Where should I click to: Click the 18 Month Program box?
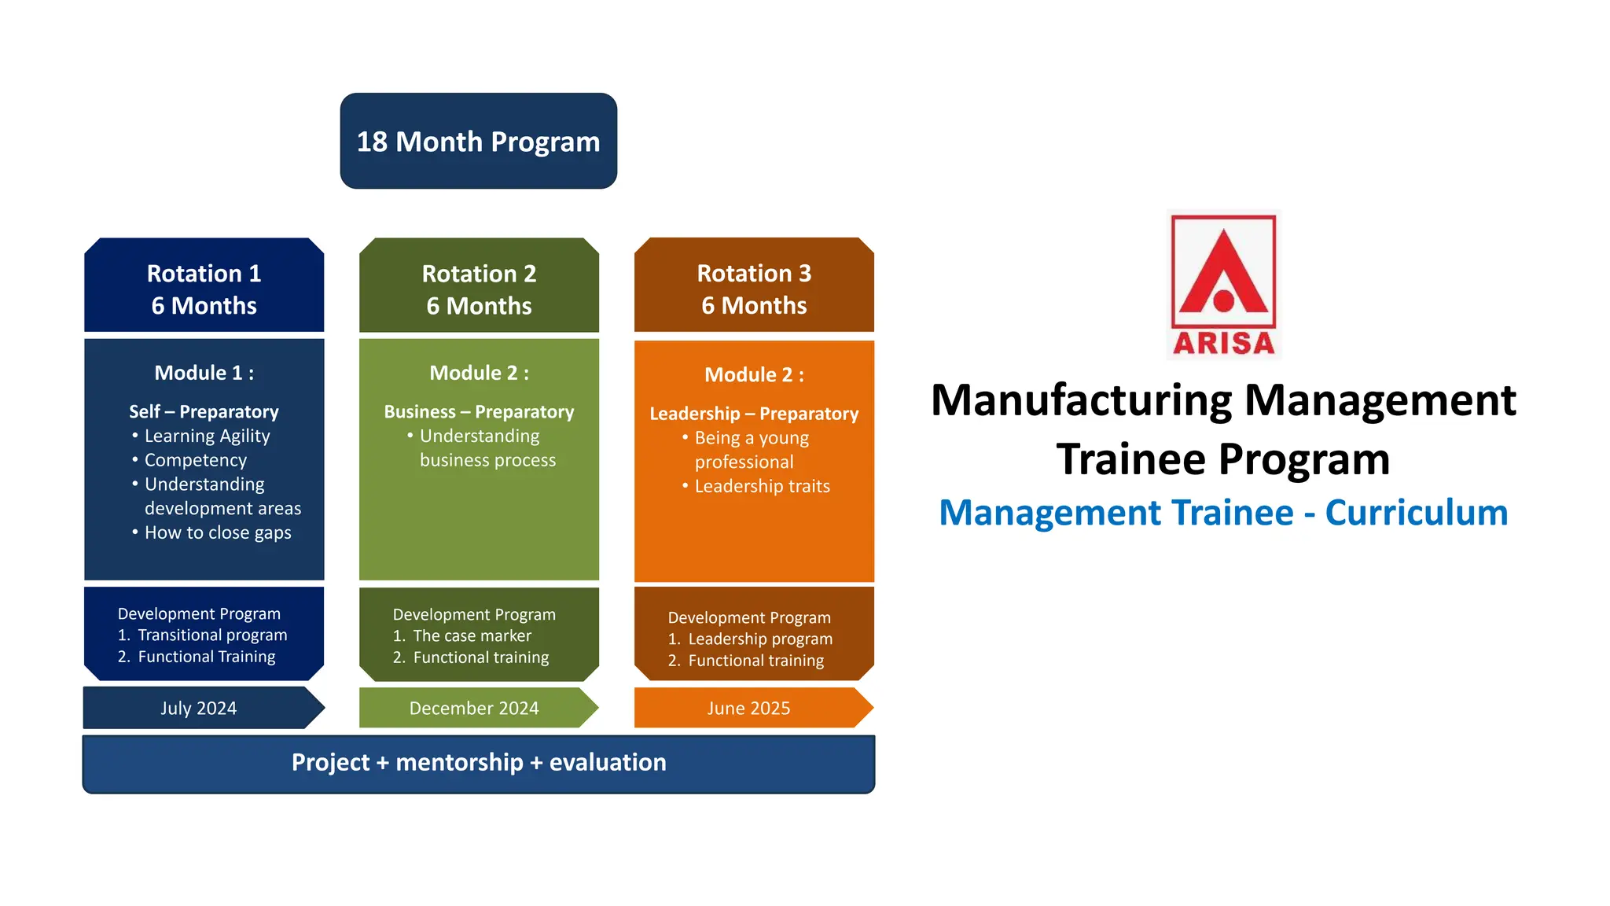[x=478, y=142]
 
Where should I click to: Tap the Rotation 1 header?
[x=204, y=288]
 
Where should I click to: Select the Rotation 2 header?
[x=479, y=288]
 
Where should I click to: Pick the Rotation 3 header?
[x=754, y=288]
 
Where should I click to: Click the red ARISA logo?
[x=1223, y=285]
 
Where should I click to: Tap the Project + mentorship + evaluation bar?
[x=478, y=763]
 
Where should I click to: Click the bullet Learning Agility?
[x=207, y=436]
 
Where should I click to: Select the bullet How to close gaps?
[x=218, y=532]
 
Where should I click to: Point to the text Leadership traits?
[x=762, y=486]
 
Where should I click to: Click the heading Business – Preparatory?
[x=479, y=411]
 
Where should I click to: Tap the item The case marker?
[x=472, y=635]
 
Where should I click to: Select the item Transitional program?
[x=212, y=635]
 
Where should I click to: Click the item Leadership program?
[x=759, y=639]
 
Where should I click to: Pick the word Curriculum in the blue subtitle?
[x=1416, y=513]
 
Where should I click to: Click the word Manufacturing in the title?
[x=1081, y=400]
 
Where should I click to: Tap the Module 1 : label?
[x=204, y=373]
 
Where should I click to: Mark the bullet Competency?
[x=195, y=460]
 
